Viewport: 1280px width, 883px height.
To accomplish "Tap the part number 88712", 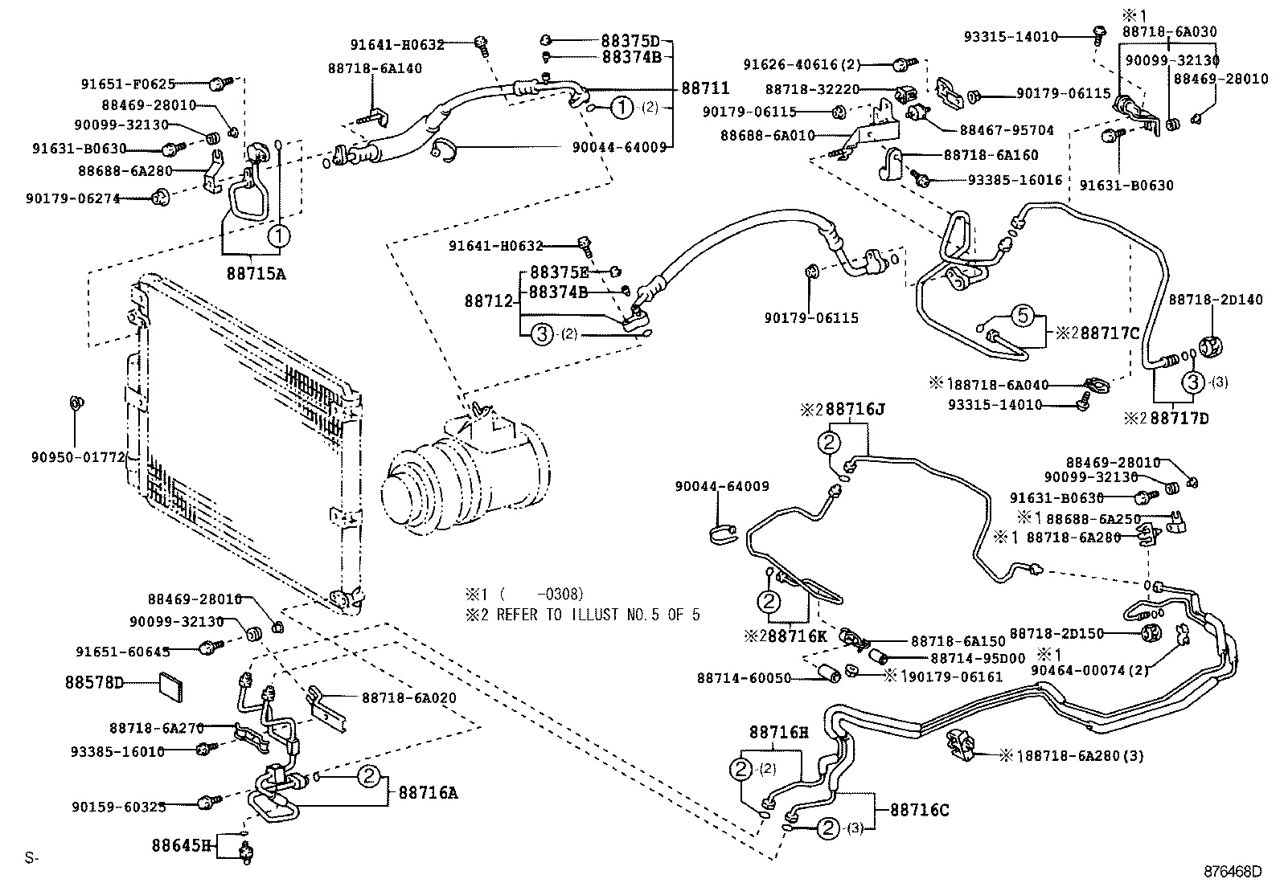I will [489, 301].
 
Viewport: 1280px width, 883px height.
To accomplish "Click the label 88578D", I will [94, 683].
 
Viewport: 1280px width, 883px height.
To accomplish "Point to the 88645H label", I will [182, 845].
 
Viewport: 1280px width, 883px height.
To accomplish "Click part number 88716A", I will [428, 793].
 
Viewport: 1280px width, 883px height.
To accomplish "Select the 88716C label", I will [919, 810].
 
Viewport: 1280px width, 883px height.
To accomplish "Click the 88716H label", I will [778, 732].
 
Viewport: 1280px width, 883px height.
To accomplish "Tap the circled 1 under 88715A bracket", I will [277, 235].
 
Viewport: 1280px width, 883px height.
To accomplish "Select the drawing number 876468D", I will [1233, 871].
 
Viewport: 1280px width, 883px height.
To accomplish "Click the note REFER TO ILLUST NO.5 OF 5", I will [599, 615].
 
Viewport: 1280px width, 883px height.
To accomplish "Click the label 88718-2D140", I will [1216, 299].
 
